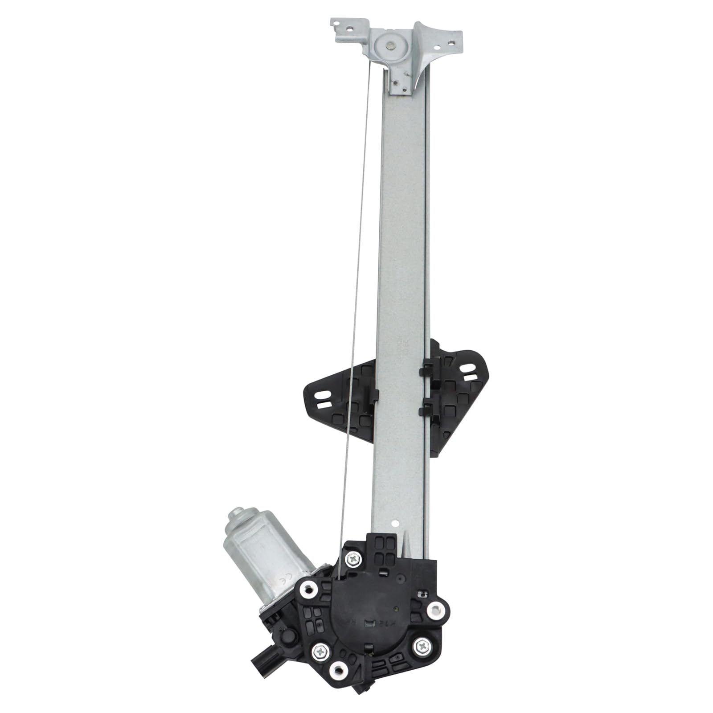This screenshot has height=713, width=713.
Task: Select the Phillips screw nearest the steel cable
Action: (353, 557)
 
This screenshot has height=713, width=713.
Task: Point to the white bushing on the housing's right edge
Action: (434, 610)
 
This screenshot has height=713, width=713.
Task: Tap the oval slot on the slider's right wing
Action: (467, 368)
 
